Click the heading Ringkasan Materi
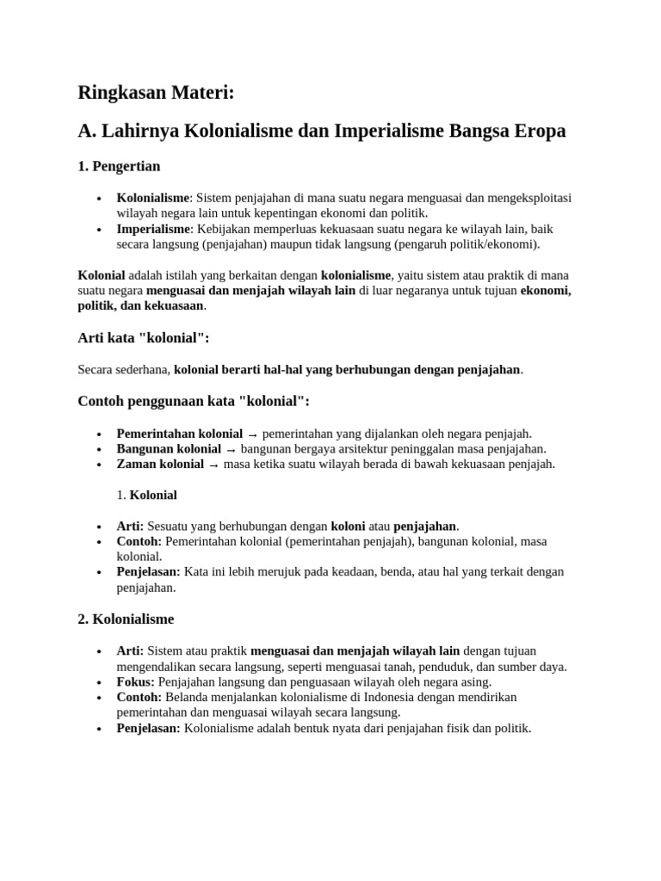[x=155, y=92]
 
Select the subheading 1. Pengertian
[x=119, y=166]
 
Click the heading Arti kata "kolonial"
[x=144, y=338]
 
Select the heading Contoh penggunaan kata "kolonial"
[x=194, y=401]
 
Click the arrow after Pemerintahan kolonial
[x=253, y=434]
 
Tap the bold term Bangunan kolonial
[x=169, y=449]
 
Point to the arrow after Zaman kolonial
[x=213, y=465]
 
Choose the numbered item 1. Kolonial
[x=146, y=496]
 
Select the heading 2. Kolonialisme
[x=126, y=619]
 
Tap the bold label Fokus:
[x=136, y=681]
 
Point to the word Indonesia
[x=386, y=697]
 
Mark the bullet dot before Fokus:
[x=101, y=682]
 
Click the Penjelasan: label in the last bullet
[x=149, y=728]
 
